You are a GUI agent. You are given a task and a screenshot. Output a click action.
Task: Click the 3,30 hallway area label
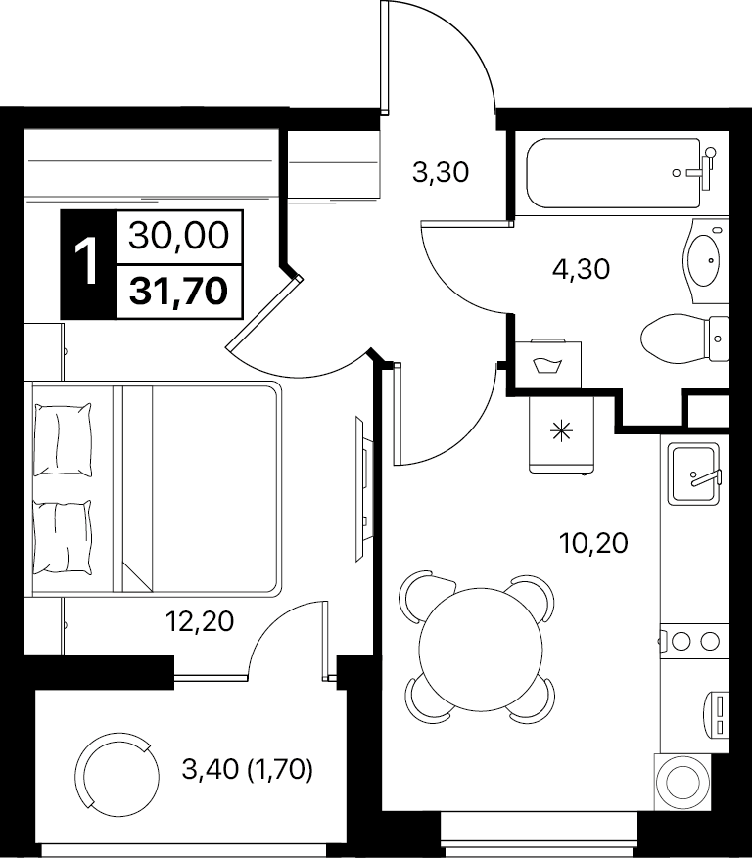click(441, 173)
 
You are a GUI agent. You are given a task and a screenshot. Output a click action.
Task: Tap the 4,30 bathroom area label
click(581, 269)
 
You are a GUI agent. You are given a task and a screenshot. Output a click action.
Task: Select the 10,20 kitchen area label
click(593, 543)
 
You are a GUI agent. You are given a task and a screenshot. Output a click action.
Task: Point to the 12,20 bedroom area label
click(200, 621)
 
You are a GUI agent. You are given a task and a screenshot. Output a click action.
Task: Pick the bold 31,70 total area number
click(178, 291)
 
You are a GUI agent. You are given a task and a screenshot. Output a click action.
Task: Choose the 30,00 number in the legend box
click(178, 237)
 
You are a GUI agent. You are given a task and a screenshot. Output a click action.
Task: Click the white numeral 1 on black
click(87, 263)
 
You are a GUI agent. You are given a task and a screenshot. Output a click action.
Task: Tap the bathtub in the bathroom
click(613, 173)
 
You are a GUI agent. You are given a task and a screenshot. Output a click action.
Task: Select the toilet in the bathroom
click(684, 339)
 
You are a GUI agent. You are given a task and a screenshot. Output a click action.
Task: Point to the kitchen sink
click(693, 474)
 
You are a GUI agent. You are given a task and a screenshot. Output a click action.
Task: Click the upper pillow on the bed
click(63, 440)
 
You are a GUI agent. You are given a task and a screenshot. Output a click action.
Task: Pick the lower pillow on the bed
click(63, 537)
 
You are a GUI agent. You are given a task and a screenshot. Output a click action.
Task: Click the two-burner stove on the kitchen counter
click(694, 640)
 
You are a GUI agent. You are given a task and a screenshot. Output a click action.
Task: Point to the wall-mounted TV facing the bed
click(362, 488)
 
